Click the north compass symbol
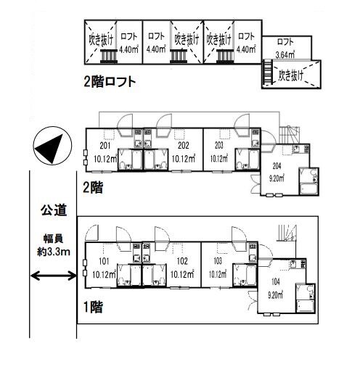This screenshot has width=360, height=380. (x=52, y=146)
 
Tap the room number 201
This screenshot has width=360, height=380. (x=105, y=146)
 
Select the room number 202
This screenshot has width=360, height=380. (x=183, y=146)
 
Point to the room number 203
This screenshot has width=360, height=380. (x=218, y=146)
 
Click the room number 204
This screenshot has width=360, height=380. (x=277, y=166)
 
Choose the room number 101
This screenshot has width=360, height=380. (x=104, y=261)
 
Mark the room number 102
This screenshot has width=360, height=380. (x=182, y=261)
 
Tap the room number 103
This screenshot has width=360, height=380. (x=218, y=261)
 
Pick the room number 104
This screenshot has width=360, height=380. (x=276, y=282)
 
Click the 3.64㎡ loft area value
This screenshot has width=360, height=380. (x=285, y=55)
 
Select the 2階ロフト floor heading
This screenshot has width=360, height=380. (x=110, y=81)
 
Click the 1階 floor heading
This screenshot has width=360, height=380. (x=93, y=307)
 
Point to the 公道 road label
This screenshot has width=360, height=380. (x=54, y=210)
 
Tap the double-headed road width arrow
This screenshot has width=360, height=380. (x=54, y=276)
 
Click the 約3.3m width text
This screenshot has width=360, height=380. (x=54, y=252)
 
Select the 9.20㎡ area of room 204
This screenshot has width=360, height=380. (x=277, y=178)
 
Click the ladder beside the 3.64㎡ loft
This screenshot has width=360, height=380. (x=267, y=73)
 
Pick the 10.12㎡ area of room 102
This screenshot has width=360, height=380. (x=182, y=274)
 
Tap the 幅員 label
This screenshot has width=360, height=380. (x=54, y=239)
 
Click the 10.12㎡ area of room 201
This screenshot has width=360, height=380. (x=105, y=159)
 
